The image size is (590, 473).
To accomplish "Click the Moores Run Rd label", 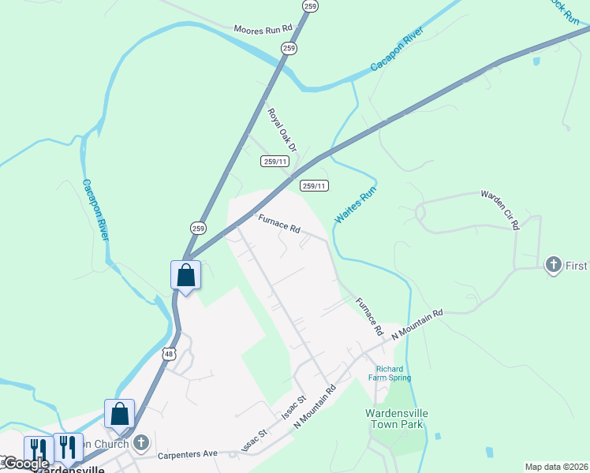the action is click(263, 29).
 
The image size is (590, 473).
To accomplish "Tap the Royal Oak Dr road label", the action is click(282, 131).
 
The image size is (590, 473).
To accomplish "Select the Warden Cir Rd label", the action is click(501, 209).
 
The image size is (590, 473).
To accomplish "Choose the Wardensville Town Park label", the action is click(395, 418).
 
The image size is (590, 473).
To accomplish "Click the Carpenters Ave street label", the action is click(187, 455).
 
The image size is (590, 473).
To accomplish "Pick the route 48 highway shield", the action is click(170, 354).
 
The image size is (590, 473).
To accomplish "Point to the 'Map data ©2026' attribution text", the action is click(556, 467).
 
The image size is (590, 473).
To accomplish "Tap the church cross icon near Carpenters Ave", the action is click(141, 443).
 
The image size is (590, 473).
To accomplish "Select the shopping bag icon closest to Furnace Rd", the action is click(186, 275).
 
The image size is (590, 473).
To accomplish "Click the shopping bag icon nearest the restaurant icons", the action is click(120, 413).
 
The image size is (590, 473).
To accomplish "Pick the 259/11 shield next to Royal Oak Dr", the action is click(274, 161).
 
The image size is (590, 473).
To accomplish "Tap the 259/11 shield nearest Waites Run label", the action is click(314, 186).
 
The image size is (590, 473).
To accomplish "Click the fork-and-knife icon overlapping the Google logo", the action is click(38, 449).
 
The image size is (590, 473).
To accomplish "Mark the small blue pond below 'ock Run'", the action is click(536, 60).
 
